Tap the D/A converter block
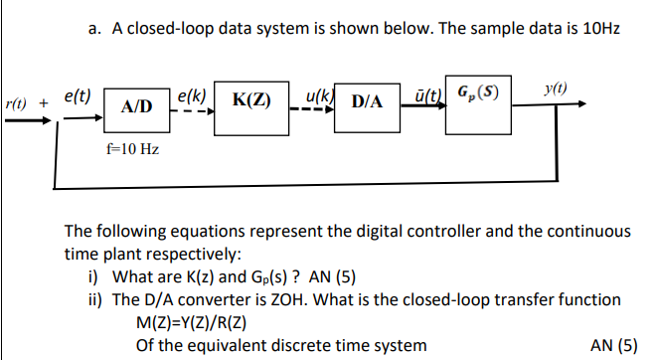[x=367, y=101]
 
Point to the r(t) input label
[x=16, y=103]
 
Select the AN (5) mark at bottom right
[x=613, y=345]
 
